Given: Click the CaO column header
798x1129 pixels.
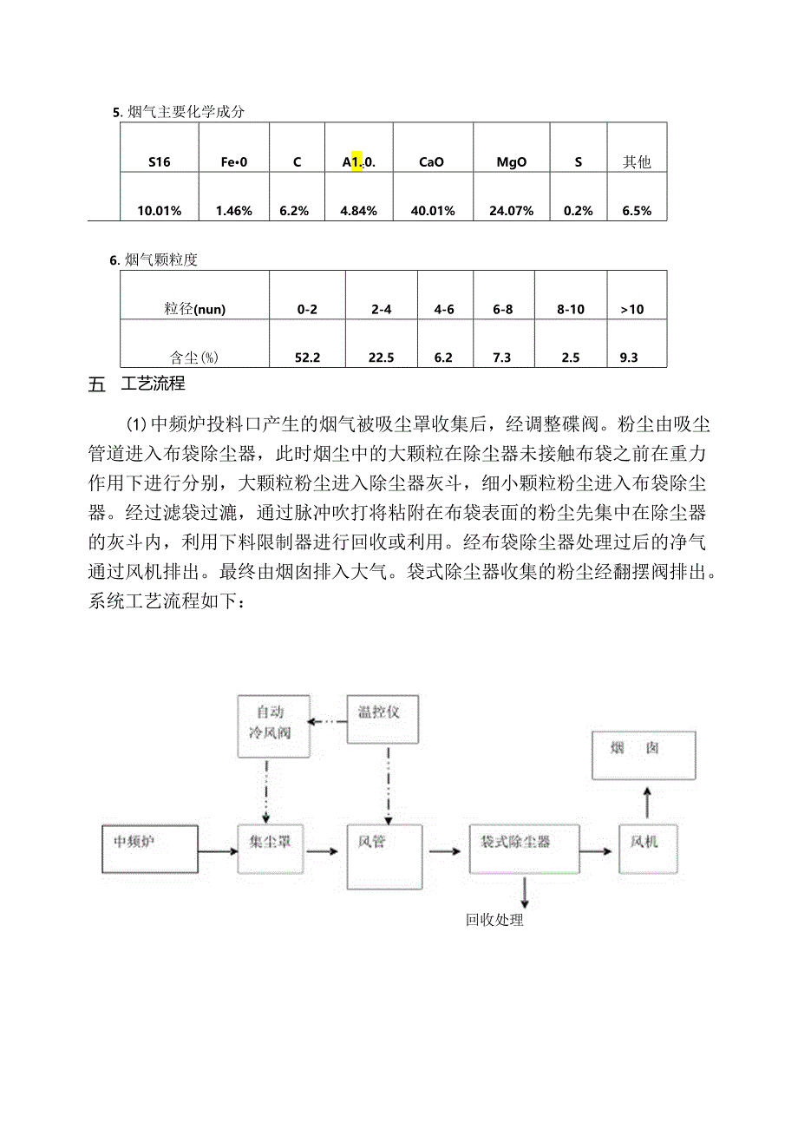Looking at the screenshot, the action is (431, 161).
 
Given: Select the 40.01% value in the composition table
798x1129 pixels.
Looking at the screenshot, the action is (431, 211).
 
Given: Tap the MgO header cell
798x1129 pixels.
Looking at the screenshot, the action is (512, 161).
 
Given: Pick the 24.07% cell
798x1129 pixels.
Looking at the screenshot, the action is (512, 211).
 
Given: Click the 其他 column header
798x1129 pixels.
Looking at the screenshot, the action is (637, 161).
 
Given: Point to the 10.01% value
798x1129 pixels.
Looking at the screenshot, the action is (159, 211).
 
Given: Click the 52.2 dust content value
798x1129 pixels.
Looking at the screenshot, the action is (308, 358).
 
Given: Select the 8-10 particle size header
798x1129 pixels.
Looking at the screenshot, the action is (570, 309).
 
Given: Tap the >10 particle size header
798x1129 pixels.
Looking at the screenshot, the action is (632, 309).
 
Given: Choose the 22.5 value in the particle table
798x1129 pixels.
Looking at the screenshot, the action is (381, 358).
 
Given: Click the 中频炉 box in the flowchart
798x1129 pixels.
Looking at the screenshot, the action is (149, 849).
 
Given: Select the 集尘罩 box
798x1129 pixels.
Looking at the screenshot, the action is (270, 849).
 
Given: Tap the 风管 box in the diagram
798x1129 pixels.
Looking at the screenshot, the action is (384, 857).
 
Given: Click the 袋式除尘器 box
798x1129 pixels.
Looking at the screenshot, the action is (523, 849).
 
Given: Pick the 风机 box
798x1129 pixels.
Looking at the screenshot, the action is (647, 849).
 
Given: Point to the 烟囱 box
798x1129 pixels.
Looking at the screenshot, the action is (643, 753).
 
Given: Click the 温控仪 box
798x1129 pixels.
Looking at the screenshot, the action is (382, 719).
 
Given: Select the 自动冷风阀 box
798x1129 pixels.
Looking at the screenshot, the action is (267, 722).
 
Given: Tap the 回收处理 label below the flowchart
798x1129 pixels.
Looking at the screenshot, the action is (494, 920).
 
